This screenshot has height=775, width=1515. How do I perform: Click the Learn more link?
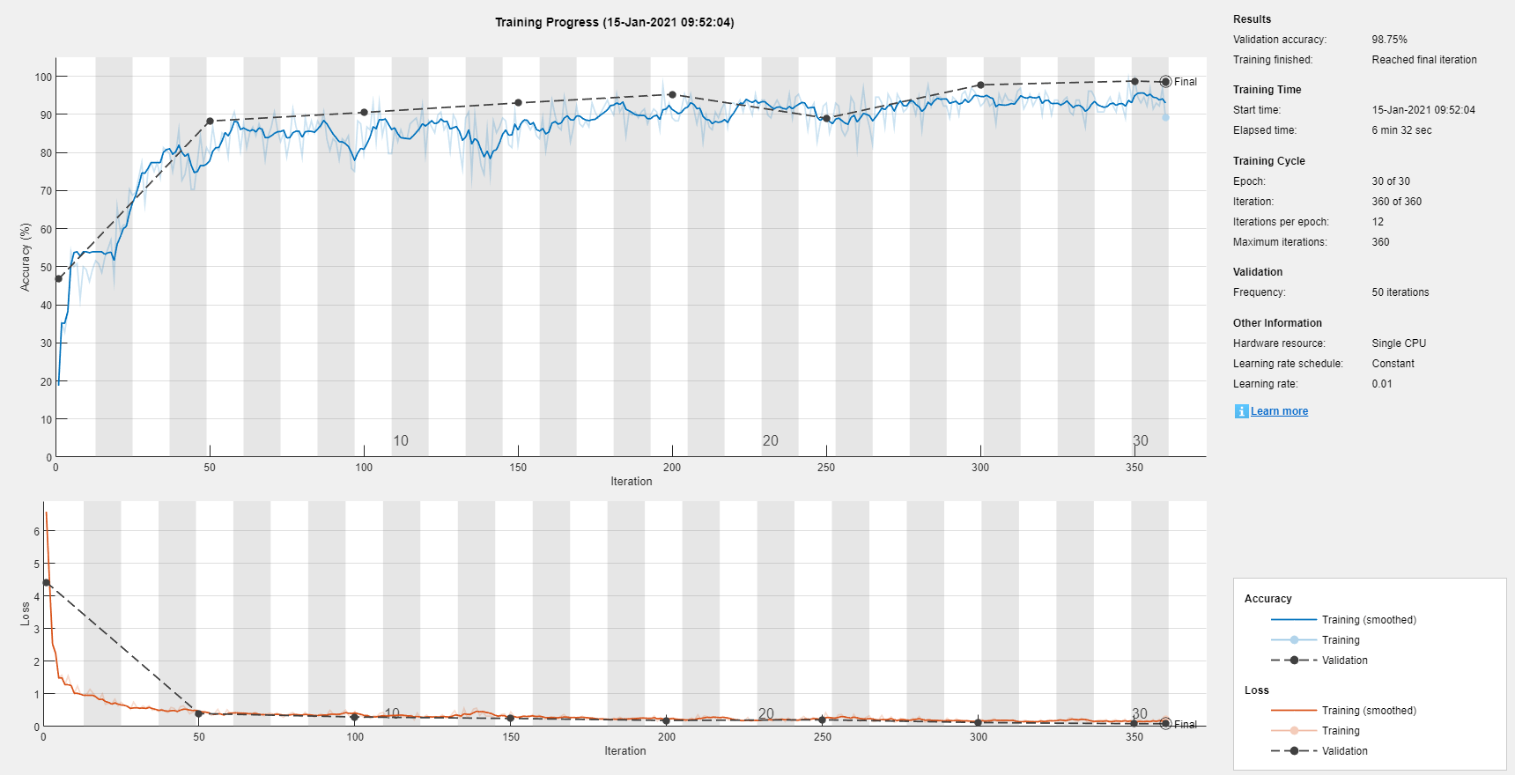1279,411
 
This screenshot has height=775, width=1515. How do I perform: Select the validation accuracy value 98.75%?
1389,40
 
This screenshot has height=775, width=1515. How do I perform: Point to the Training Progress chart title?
614,22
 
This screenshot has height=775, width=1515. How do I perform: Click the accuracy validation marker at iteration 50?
210,122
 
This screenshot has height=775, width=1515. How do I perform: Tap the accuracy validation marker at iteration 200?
672,94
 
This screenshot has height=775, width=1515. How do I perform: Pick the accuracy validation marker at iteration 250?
826,119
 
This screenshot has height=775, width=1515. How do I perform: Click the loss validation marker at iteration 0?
47,583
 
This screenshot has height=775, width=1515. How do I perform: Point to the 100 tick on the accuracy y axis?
43,77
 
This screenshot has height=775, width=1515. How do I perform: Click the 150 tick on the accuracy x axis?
518,468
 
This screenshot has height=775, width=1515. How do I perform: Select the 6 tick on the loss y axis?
37,531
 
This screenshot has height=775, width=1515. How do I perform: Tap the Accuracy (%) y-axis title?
26,257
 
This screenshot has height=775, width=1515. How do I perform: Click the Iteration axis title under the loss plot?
624,751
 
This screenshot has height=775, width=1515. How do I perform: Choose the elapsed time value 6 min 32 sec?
1401,130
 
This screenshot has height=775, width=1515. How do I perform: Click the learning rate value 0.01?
1382,384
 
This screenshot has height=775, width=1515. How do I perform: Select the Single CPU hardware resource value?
1399,343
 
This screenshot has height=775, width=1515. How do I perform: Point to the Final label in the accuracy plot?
1185,82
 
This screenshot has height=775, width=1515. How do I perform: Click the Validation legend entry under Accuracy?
1344,661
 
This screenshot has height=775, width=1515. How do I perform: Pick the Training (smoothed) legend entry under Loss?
1368,711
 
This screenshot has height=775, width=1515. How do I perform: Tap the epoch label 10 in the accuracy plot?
401,440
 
